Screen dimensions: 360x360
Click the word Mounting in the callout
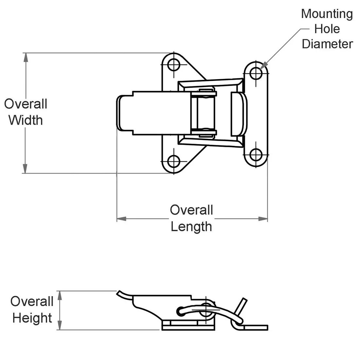click(327, 14)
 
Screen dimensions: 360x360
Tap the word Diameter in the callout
click(327, 44)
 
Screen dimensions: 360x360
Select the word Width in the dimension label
click(26, 120)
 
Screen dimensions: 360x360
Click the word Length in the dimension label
click(191, 226)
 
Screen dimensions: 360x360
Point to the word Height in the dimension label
click(32, 318)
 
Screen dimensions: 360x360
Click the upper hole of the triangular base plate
click(174, 64)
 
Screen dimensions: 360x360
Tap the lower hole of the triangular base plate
click(174, 161)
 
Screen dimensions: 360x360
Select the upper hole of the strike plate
click(256, 73)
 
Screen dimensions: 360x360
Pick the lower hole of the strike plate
click(256, 154)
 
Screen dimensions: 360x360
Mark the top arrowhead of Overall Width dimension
click(25, 57)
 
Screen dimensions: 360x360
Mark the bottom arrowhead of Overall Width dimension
click(25, 169)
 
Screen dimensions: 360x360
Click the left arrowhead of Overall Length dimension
click(121, 219)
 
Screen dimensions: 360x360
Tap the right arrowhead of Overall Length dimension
click(263, 219)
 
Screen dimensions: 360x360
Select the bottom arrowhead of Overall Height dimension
click(60, 325)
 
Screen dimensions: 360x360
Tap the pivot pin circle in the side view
click(206, 310)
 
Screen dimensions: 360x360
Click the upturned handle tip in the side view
click(120, 292)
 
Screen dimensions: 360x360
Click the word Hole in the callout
click(327, 29)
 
